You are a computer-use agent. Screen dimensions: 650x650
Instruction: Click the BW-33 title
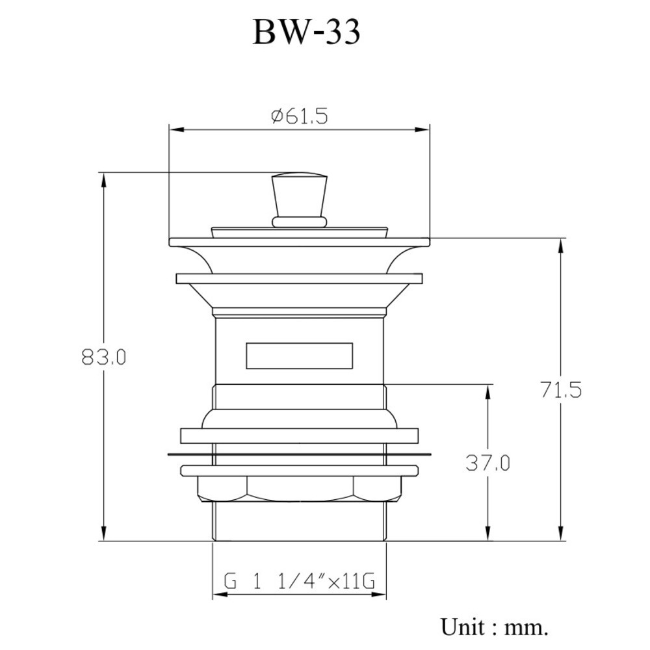(306, 32)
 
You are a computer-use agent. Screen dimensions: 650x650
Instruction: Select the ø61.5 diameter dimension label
(299, 116)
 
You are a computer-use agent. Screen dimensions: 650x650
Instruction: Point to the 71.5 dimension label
(561, 390)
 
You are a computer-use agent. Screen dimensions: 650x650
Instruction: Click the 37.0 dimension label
(487, 463)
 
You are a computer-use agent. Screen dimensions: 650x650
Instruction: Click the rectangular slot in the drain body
(299, 356)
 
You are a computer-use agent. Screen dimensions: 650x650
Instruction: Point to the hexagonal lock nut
(299, 489)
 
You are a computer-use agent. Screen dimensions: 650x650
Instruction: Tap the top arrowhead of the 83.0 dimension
(103, 180)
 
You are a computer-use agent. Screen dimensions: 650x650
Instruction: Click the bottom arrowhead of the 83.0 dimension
(103, 534)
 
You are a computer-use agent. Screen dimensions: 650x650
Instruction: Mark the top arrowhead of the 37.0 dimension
(487, 392)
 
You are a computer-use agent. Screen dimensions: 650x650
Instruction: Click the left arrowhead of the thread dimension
(220, 595)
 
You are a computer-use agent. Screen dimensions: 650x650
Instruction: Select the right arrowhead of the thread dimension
(379, 595)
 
